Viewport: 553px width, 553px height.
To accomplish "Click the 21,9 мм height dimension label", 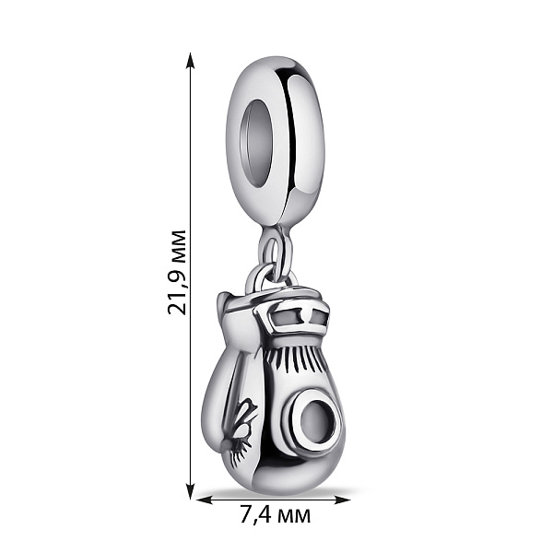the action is [176, 272].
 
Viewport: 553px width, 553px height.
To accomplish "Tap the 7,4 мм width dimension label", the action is [275, 515].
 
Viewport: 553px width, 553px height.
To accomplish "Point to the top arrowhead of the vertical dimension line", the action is [191, 62].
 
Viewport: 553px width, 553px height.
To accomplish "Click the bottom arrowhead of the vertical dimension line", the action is [191, 490].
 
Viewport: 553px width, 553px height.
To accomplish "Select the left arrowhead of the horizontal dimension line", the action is [205, 500].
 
